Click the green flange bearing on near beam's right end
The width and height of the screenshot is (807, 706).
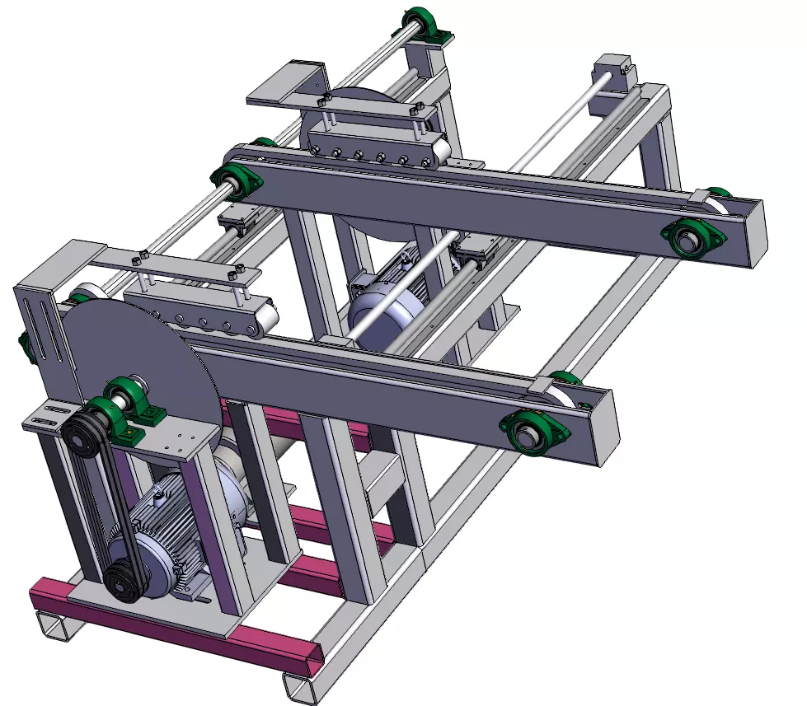pyautogui.click(x=532, y=429)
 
